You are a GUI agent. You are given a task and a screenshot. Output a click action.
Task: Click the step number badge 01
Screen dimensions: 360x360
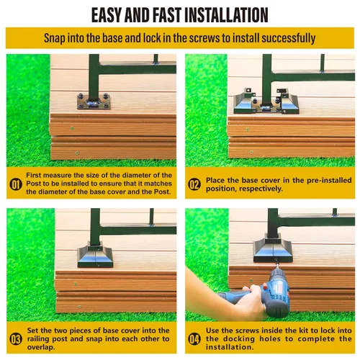[x=16, y=184]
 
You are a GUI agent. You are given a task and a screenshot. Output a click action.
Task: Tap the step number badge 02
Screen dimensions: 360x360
[x=194, y=184]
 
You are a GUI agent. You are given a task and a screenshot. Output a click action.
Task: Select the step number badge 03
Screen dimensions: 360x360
[x=16, y=339]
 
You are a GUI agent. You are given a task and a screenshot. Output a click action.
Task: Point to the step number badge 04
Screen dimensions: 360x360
[x=194, y=339]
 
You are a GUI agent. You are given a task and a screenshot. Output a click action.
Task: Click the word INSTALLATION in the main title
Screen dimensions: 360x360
[x=226, y=15]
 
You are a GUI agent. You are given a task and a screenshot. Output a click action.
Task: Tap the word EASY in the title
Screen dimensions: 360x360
[x=107, y=15]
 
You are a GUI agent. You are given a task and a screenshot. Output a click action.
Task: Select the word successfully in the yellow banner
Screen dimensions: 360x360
[x=289, y=38]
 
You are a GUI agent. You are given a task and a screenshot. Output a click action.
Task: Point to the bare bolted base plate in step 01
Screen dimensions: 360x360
[x=94, y=102]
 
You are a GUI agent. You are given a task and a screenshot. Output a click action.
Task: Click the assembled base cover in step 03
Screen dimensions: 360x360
[x=95, y=256]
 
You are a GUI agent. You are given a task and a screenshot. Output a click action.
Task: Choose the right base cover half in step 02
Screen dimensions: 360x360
[x=288, y=102]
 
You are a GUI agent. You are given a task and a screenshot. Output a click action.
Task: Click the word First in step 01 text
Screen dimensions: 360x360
[x=33, y=175]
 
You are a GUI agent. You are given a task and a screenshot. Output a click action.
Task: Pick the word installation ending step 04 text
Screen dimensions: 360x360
[x=230, y=347]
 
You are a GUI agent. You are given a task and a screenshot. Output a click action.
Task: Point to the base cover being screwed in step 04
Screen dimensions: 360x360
[x=273, y=250]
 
